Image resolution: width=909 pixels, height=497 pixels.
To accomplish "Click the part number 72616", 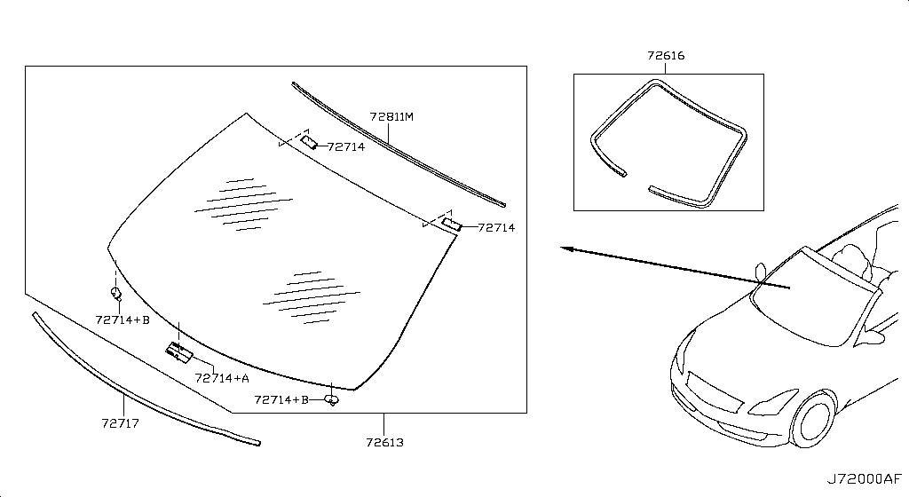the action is pos(666,56).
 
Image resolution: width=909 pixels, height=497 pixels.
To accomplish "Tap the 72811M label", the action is pos(391,117).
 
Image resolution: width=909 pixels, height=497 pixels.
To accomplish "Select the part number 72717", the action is pos(121,423).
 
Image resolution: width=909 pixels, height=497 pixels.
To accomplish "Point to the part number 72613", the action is pos(385,443).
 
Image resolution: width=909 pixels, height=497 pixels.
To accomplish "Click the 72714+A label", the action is pos(222,378).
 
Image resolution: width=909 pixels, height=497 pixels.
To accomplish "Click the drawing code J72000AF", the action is pos(865,479).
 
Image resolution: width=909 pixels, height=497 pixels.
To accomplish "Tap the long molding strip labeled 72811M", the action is pos(399,145).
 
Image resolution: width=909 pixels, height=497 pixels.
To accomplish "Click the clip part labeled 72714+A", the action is pos(179,352).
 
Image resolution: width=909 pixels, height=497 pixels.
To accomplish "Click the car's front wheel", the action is pos(814,419).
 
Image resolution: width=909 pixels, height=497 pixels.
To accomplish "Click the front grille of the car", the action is pos(714,392).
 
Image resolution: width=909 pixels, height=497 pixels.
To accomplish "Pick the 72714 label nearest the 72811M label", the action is pos(346,147).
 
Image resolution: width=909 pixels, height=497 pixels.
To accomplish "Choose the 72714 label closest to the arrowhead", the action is pos(496,228).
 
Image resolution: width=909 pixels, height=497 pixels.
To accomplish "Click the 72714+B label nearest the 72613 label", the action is pos(281,399).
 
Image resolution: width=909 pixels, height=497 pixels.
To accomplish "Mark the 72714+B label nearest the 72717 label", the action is pos(123,319).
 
